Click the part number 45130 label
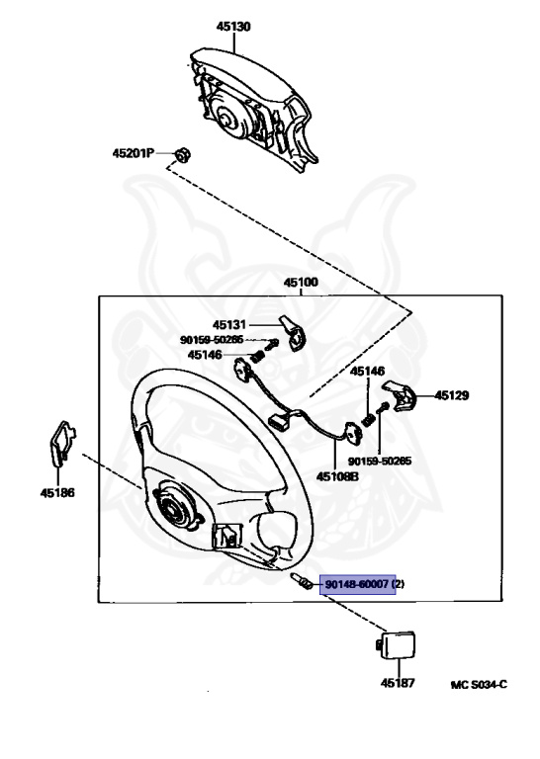click(233, 26)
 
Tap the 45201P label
click(134, 153)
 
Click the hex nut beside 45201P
click(183, 155)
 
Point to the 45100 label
click(301, 282)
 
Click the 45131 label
click(229, 324)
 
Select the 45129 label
click(452, 395)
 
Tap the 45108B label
click(337, 476)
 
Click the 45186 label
click(57, 493)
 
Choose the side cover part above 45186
click(62, 443)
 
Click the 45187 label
click(398, 683)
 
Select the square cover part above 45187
click(396, 644)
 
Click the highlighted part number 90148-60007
click(357, 584)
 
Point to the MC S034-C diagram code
click(479, 684)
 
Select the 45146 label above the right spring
click(368, 372)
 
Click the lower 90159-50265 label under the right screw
click(380, 461)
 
